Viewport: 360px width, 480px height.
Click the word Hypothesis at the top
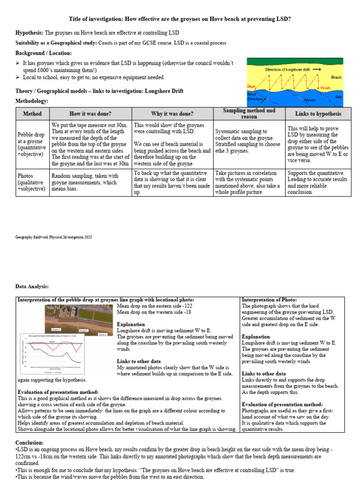coord(29,33)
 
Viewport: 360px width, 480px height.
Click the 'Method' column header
coord(32,114)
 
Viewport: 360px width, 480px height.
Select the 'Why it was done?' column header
coord(172,114)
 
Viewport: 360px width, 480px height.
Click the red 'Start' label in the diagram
coord(252,87)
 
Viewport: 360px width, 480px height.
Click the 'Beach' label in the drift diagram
coord(336,77)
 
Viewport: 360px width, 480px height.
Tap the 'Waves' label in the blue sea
coord(309,100)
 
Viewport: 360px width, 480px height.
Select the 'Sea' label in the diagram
coord(338,96)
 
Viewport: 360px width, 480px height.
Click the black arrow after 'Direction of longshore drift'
coord(317,69)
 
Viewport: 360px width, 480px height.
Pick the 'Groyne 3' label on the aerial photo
coord(102,334)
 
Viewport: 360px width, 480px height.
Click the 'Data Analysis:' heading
coord(32,286)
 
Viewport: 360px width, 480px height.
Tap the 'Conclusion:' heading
coord(30,442)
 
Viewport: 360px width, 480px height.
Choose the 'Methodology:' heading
coord(32,101)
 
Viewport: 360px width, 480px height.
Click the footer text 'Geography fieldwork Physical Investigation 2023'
coord(54,237)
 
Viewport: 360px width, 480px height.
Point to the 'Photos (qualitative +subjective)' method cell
coord(32,182)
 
